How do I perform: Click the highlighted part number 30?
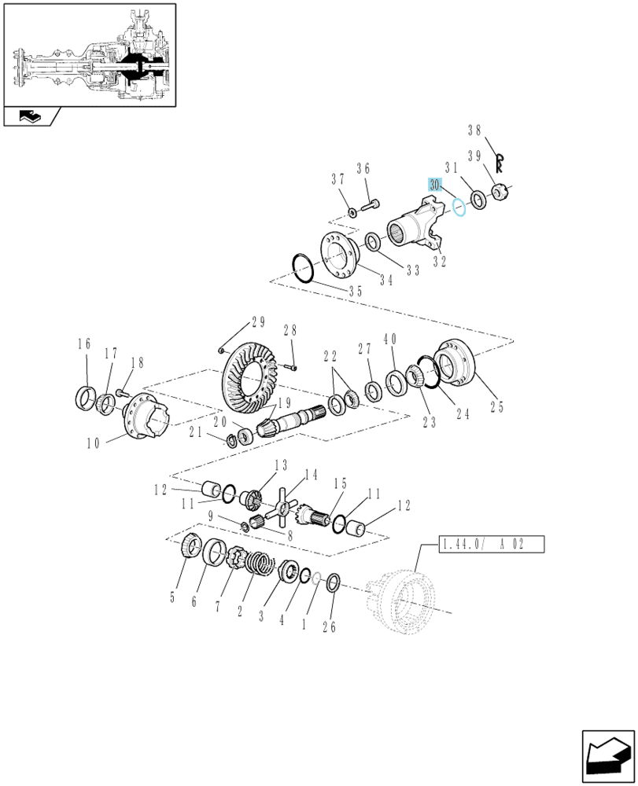(x=434, y=185)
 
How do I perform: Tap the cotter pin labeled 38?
(x=500, y=163)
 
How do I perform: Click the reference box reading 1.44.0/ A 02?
(x=492, y=545)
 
